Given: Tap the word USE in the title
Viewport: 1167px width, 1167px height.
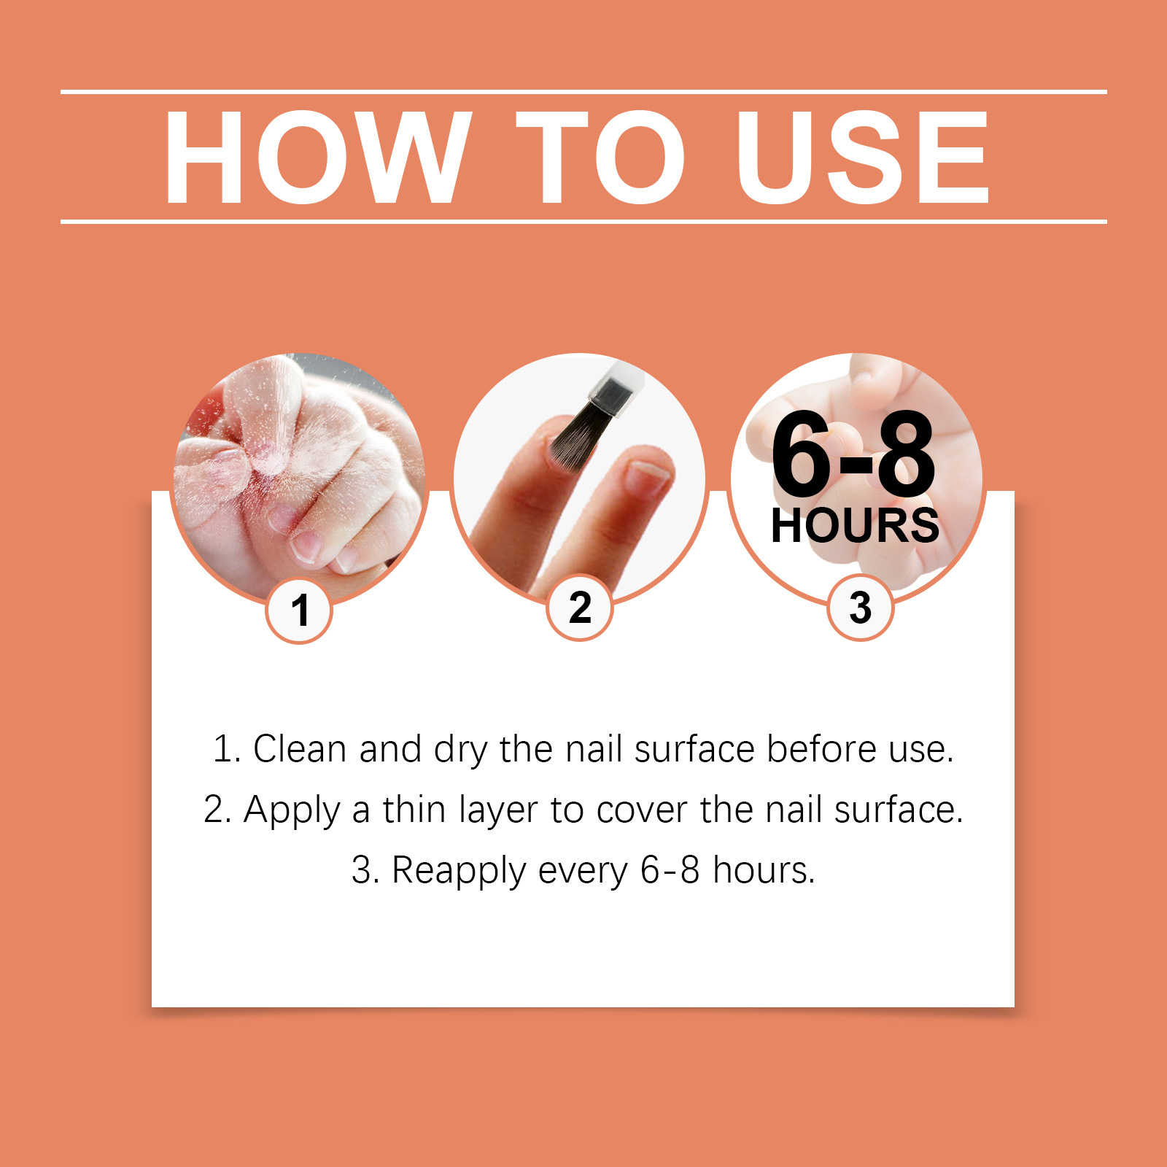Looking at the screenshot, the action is (863, 158).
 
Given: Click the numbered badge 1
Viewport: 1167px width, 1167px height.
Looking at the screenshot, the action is (299, 610).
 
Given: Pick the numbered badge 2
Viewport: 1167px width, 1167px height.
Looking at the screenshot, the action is (580, 608).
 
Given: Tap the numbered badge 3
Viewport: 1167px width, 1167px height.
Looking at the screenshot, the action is (861, 608).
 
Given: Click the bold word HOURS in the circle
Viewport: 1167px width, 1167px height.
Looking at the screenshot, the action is (855, 526).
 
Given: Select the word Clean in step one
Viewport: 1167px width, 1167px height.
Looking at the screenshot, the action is (300, 749).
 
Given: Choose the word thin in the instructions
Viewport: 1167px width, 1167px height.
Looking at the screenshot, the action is (414, 810).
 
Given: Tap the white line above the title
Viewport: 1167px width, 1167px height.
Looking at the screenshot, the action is (583, 92).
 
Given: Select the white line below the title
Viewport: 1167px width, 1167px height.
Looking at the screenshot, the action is (583, 221).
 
